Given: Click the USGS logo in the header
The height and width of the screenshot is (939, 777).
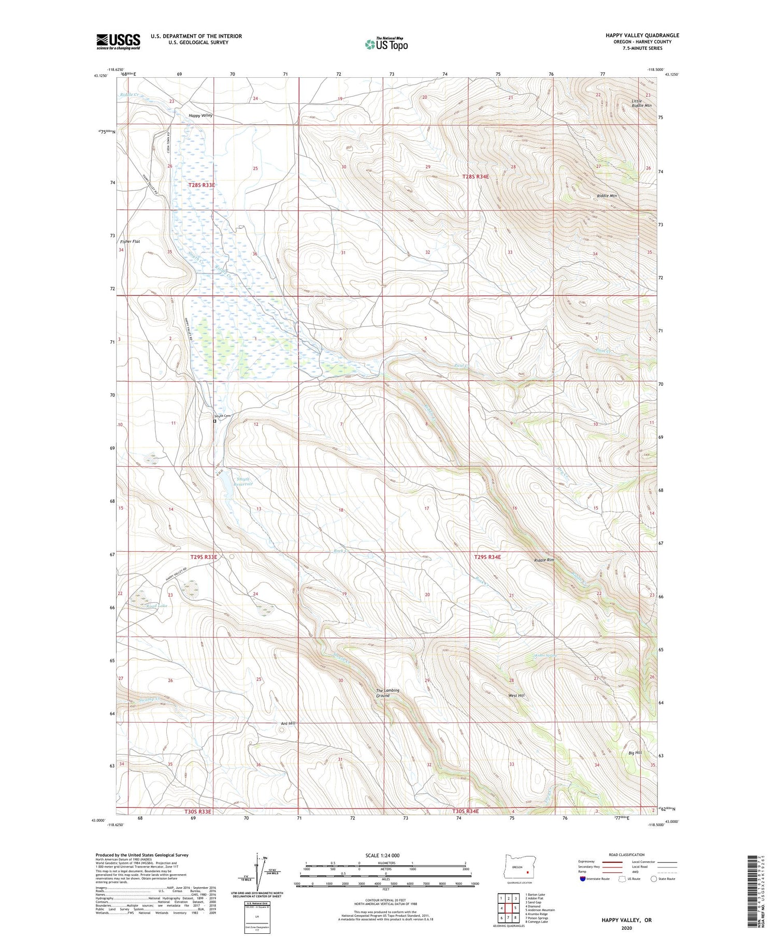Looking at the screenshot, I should pos(118,41).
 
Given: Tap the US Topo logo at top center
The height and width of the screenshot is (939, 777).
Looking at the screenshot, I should pos(386,45).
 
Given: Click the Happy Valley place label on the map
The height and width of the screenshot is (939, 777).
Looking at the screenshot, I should pos(200,115).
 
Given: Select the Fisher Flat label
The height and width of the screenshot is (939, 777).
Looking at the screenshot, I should pos(130,241).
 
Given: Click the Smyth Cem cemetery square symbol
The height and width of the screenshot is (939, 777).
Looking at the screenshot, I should pos(215,421).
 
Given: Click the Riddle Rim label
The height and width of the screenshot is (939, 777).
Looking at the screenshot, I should pos(544,560).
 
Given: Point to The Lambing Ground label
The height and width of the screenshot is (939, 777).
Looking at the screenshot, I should pos(387,693).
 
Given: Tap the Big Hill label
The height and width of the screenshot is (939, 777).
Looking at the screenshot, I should pos(635,752).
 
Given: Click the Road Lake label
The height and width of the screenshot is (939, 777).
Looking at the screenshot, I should pos(156,605).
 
